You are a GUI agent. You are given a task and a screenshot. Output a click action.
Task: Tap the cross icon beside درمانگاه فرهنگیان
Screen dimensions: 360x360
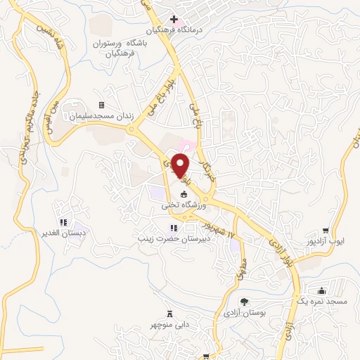174,19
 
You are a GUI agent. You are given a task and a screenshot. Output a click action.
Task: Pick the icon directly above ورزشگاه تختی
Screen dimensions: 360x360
184,194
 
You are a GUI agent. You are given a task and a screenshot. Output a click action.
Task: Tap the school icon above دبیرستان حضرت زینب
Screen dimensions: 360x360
173,227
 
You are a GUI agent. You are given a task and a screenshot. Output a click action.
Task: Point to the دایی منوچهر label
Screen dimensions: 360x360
169,326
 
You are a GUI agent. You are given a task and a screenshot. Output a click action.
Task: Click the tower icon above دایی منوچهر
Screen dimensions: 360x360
169,314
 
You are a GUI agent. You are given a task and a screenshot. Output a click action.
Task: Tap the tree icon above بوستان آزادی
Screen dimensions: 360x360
244,301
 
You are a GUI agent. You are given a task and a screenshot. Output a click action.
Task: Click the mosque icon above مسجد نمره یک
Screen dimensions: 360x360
322,290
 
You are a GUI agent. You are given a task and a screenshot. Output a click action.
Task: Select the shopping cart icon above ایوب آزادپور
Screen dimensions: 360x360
326,229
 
